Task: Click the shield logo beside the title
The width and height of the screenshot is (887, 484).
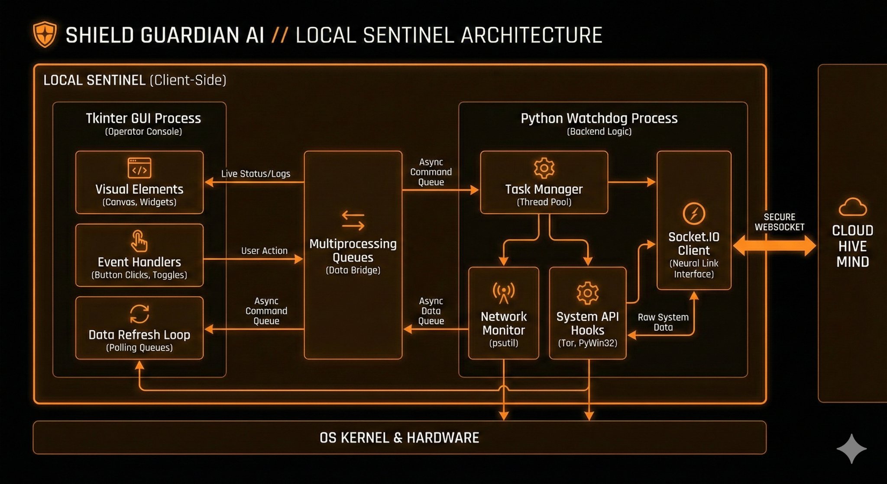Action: click(45, 35)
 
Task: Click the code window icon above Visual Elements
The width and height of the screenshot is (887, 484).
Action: click(139, 168)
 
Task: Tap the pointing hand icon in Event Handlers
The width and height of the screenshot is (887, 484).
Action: click(139, 241)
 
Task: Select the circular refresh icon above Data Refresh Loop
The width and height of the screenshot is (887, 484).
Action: click(139, 314)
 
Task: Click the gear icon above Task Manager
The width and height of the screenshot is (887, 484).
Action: click(544, 168)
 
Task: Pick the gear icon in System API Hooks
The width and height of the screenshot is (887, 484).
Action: click(587, 293)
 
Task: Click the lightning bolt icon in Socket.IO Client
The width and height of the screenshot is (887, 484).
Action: click(694, 213)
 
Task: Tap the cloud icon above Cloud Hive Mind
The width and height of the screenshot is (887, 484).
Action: click(852, 207)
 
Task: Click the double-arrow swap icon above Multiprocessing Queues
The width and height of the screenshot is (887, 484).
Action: click(353, 221)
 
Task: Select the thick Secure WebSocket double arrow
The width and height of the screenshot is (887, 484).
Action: click(774, 246)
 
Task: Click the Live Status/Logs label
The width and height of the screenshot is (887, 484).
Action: click(256, 174)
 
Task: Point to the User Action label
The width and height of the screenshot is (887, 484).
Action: click(264, 251)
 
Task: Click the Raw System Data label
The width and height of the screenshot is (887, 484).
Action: click(663, 322)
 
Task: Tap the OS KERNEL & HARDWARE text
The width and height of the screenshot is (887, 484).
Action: click(399, 438)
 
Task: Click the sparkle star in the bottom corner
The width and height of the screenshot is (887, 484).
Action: click(851, 449)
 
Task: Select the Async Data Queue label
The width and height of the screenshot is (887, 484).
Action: click(431, 311)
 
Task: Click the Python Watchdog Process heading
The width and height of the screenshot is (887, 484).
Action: click(599, 118)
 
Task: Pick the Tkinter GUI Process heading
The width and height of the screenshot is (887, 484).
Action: click(143, 118)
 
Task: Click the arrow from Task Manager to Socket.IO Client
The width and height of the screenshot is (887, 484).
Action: click(632, 182)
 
